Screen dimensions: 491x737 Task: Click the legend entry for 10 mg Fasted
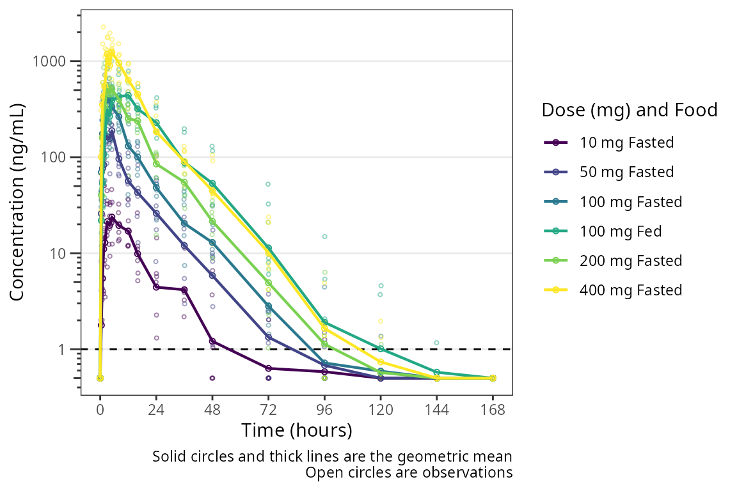click(626, 143)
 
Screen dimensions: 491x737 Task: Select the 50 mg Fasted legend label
click(626, 172)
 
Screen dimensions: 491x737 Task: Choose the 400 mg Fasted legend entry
click(631, 290)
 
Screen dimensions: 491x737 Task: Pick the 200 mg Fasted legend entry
click(631, 261)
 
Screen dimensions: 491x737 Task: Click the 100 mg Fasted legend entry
click(631, 202)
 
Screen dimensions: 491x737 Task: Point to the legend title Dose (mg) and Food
click(630, 110)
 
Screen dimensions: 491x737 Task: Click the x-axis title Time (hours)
click(297, 430)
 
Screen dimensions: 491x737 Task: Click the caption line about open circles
click(409, 473)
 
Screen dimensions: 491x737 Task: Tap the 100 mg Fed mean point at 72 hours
click(269, 248)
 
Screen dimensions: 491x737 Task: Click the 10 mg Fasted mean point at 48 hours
click(212, 341)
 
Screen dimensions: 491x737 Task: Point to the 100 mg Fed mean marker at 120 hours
click(381, 348)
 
